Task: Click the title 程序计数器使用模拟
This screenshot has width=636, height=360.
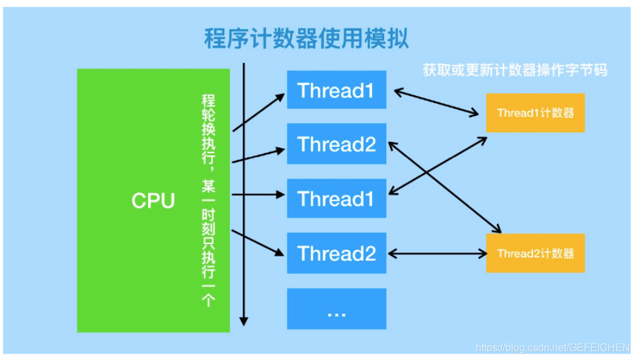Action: click(x=306, y=39)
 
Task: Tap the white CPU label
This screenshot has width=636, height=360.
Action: click(x=153, y=200)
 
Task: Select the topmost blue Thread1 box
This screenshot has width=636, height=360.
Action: click(x=336, y=90)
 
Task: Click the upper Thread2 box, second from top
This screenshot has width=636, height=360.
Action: click(x=336, y=144)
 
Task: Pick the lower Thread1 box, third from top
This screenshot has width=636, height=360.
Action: click(x=336, y=198)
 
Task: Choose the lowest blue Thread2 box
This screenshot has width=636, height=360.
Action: click(x=336, y=253)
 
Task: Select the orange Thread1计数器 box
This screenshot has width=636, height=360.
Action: click(x=535, y=112)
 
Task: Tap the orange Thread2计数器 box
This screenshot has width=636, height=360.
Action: click(x=535, y=253)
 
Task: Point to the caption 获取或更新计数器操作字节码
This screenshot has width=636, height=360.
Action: click(x=514, y=70)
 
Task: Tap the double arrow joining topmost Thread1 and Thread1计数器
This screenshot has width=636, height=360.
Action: click(x=437, y=102)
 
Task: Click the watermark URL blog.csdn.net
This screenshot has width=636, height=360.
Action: click(x=551, y=348)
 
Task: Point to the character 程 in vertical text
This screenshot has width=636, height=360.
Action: click(x=207, y=101)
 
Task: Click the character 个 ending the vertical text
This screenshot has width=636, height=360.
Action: click(x=207, y=300)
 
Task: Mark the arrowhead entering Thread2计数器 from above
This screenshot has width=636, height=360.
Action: click(x=498, y=230)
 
